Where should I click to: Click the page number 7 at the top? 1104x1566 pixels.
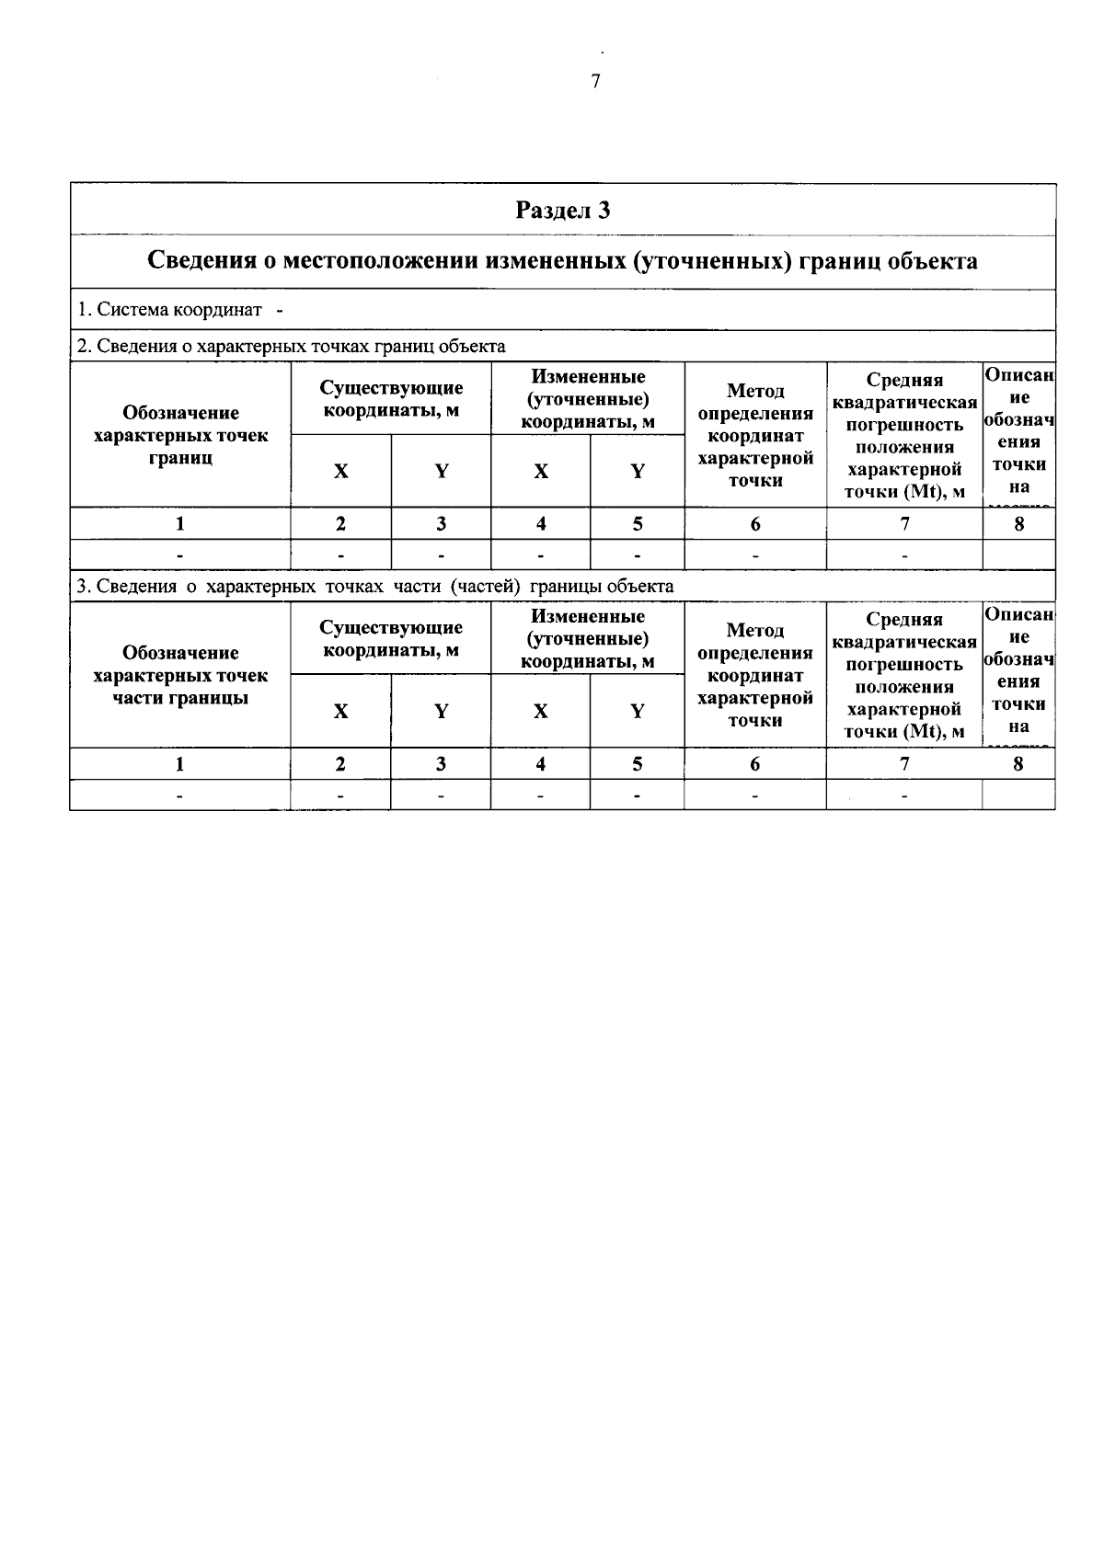595,82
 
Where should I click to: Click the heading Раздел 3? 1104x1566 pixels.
562,211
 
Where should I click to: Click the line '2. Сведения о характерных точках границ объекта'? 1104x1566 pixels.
292,347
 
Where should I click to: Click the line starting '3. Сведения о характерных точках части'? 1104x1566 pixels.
375,586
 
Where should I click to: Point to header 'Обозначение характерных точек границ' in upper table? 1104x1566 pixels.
180,435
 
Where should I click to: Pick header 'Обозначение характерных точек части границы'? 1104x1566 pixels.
180,675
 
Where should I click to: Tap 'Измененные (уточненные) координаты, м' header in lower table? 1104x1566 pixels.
588,639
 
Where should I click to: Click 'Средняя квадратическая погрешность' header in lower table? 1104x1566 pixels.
904,675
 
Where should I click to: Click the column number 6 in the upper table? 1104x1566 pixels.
755,524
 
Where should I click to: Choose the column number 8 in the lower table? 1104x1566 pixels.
1018,763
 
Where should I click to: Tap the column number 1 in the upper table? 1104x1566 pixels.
180,524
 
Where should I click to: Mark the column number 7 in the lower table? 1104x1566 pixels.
904,763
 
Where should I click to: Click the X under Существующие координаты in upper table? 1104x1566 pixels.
341,472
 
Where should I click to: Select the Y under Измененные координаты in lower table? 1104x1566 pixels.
637,711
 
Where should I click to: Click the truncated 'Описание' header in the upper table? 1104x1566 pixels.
1018,432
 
